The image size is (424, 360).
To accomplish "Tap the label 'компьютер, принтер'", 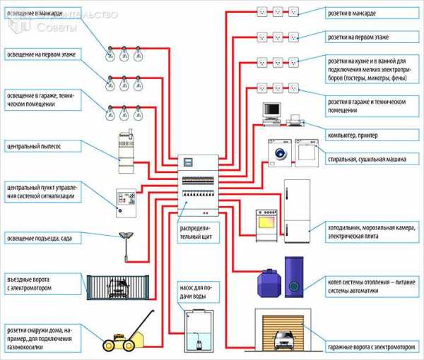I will tap(357, 135).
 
